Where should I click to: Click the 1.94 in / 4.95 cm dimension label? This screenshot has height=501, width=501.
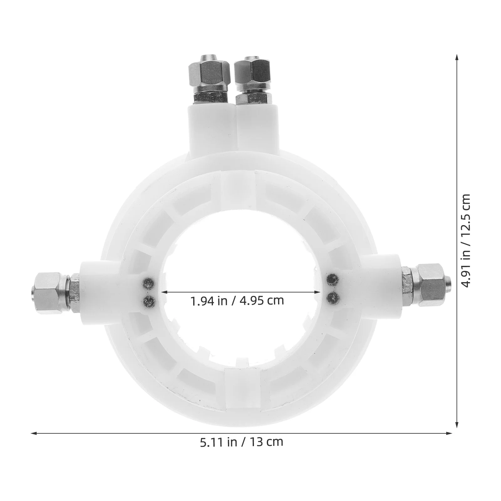click(237, 301)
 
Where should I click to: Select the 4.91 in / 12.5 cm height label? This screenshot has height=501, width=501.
click(465, 240)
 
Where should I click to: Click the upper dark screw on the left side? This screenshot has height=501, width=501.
click(148, 284)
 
